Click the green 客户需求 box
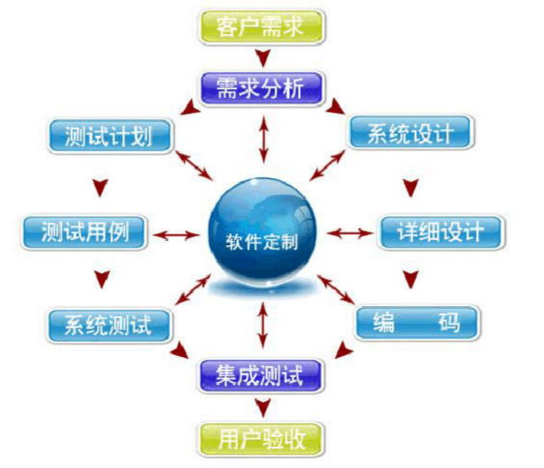[262, 27]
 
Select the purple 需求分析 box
[262, 88]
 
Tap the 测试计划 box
[110, 136]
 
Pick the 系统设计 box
[411, 132]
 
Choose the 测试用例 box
[84, 232]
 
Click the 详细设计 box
[441, 232]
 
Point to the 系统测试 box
[109, 326]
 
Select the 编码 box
[418, 323]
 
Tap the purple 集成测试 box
[261, 376]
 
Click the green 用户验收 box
[262, 439]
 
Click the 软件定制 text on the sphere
[262, 242]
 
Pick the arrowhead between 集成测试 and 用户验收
[263, 408]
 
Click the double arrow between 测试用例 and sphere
[176, 236]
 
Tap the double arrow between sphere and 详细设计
[350, 233]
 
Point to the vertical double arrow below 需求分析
[264, 140]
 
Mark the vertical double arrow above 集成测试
[263, 326]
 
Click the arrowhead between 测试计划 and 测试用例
[100, 187]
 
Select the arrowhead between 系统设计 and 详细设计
[411, 187]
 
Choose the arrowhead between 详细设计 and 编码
[411, 279]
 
